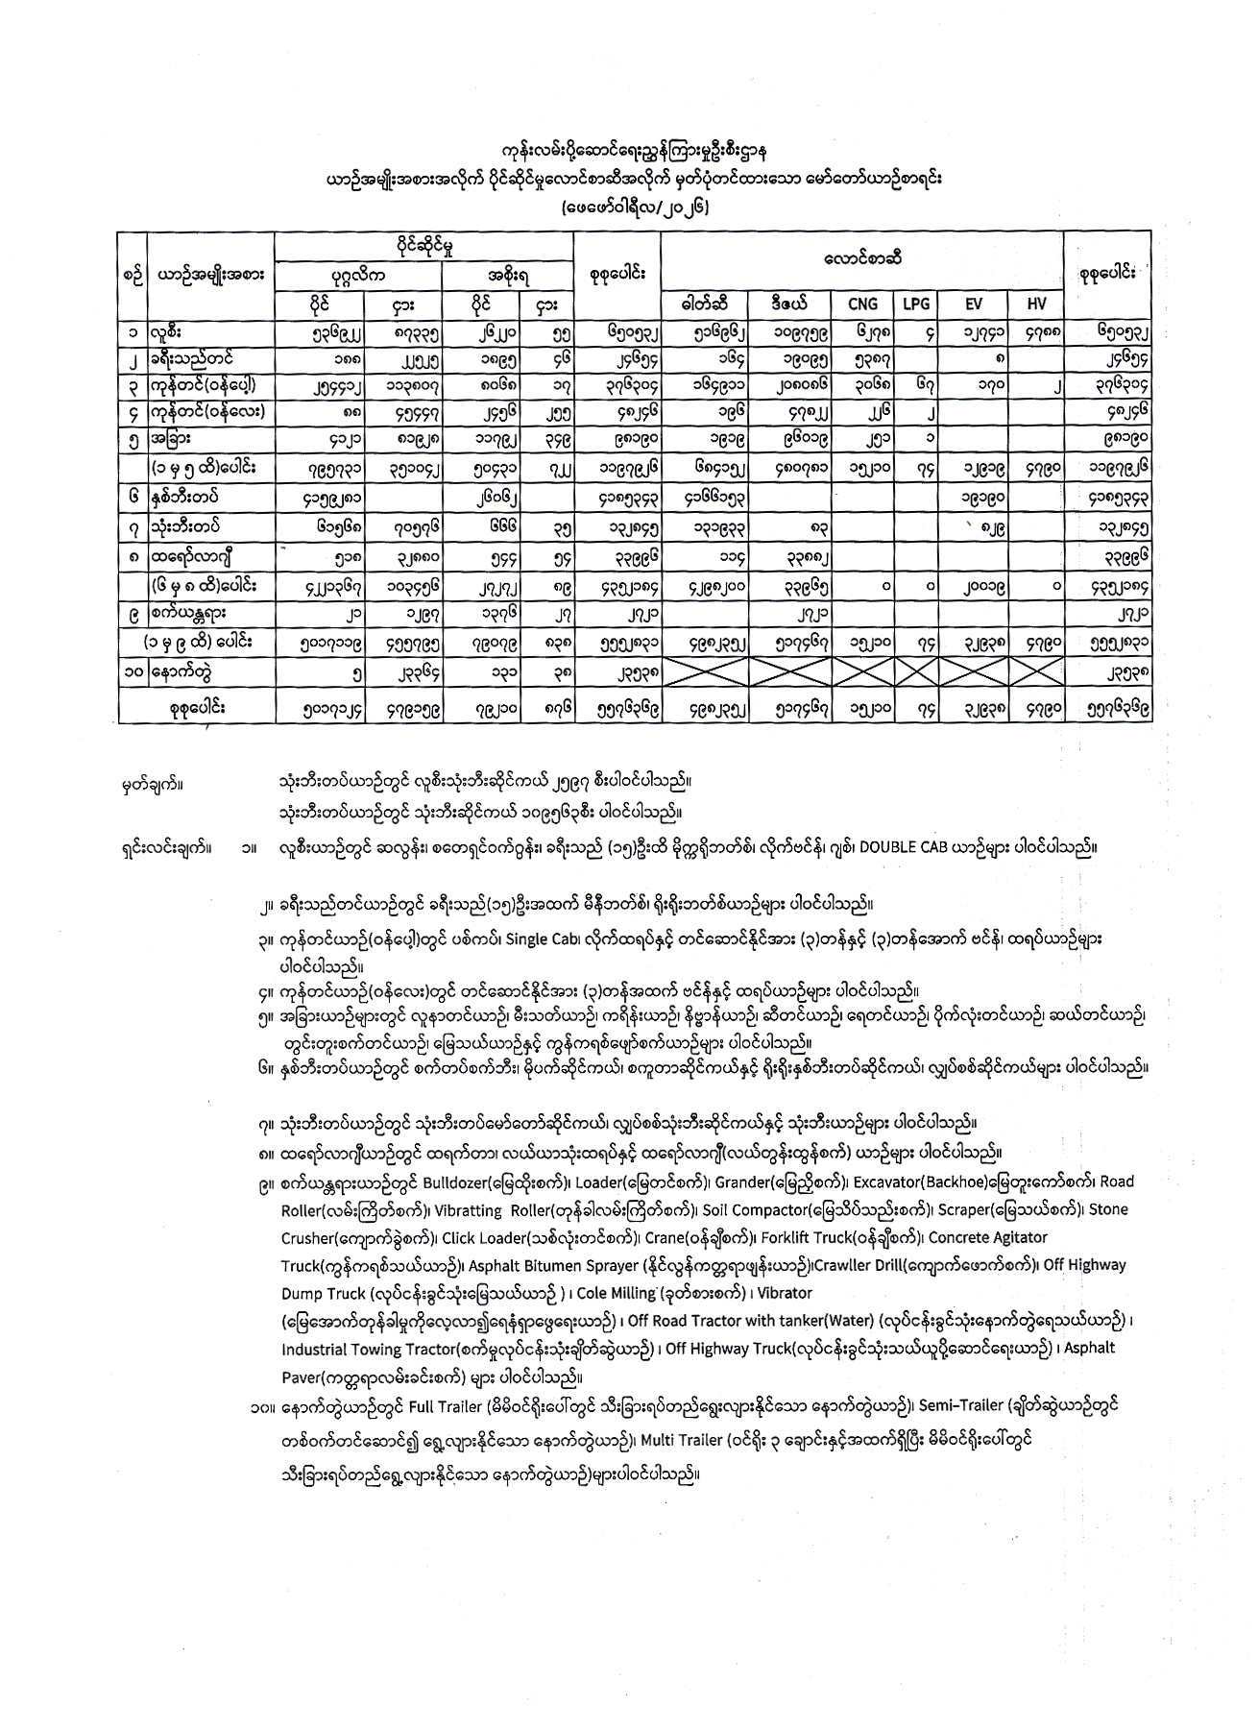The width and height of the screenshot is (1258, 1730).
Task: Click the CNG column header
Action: click(863, 304)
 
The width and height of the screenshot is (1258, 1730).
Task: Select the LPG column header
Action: click(916, 304)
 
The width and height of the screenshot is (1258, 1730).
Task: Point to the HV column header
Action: click(1036, 304)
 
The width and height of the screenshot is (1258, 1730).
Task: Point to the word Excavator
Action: click(886, 1182)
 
